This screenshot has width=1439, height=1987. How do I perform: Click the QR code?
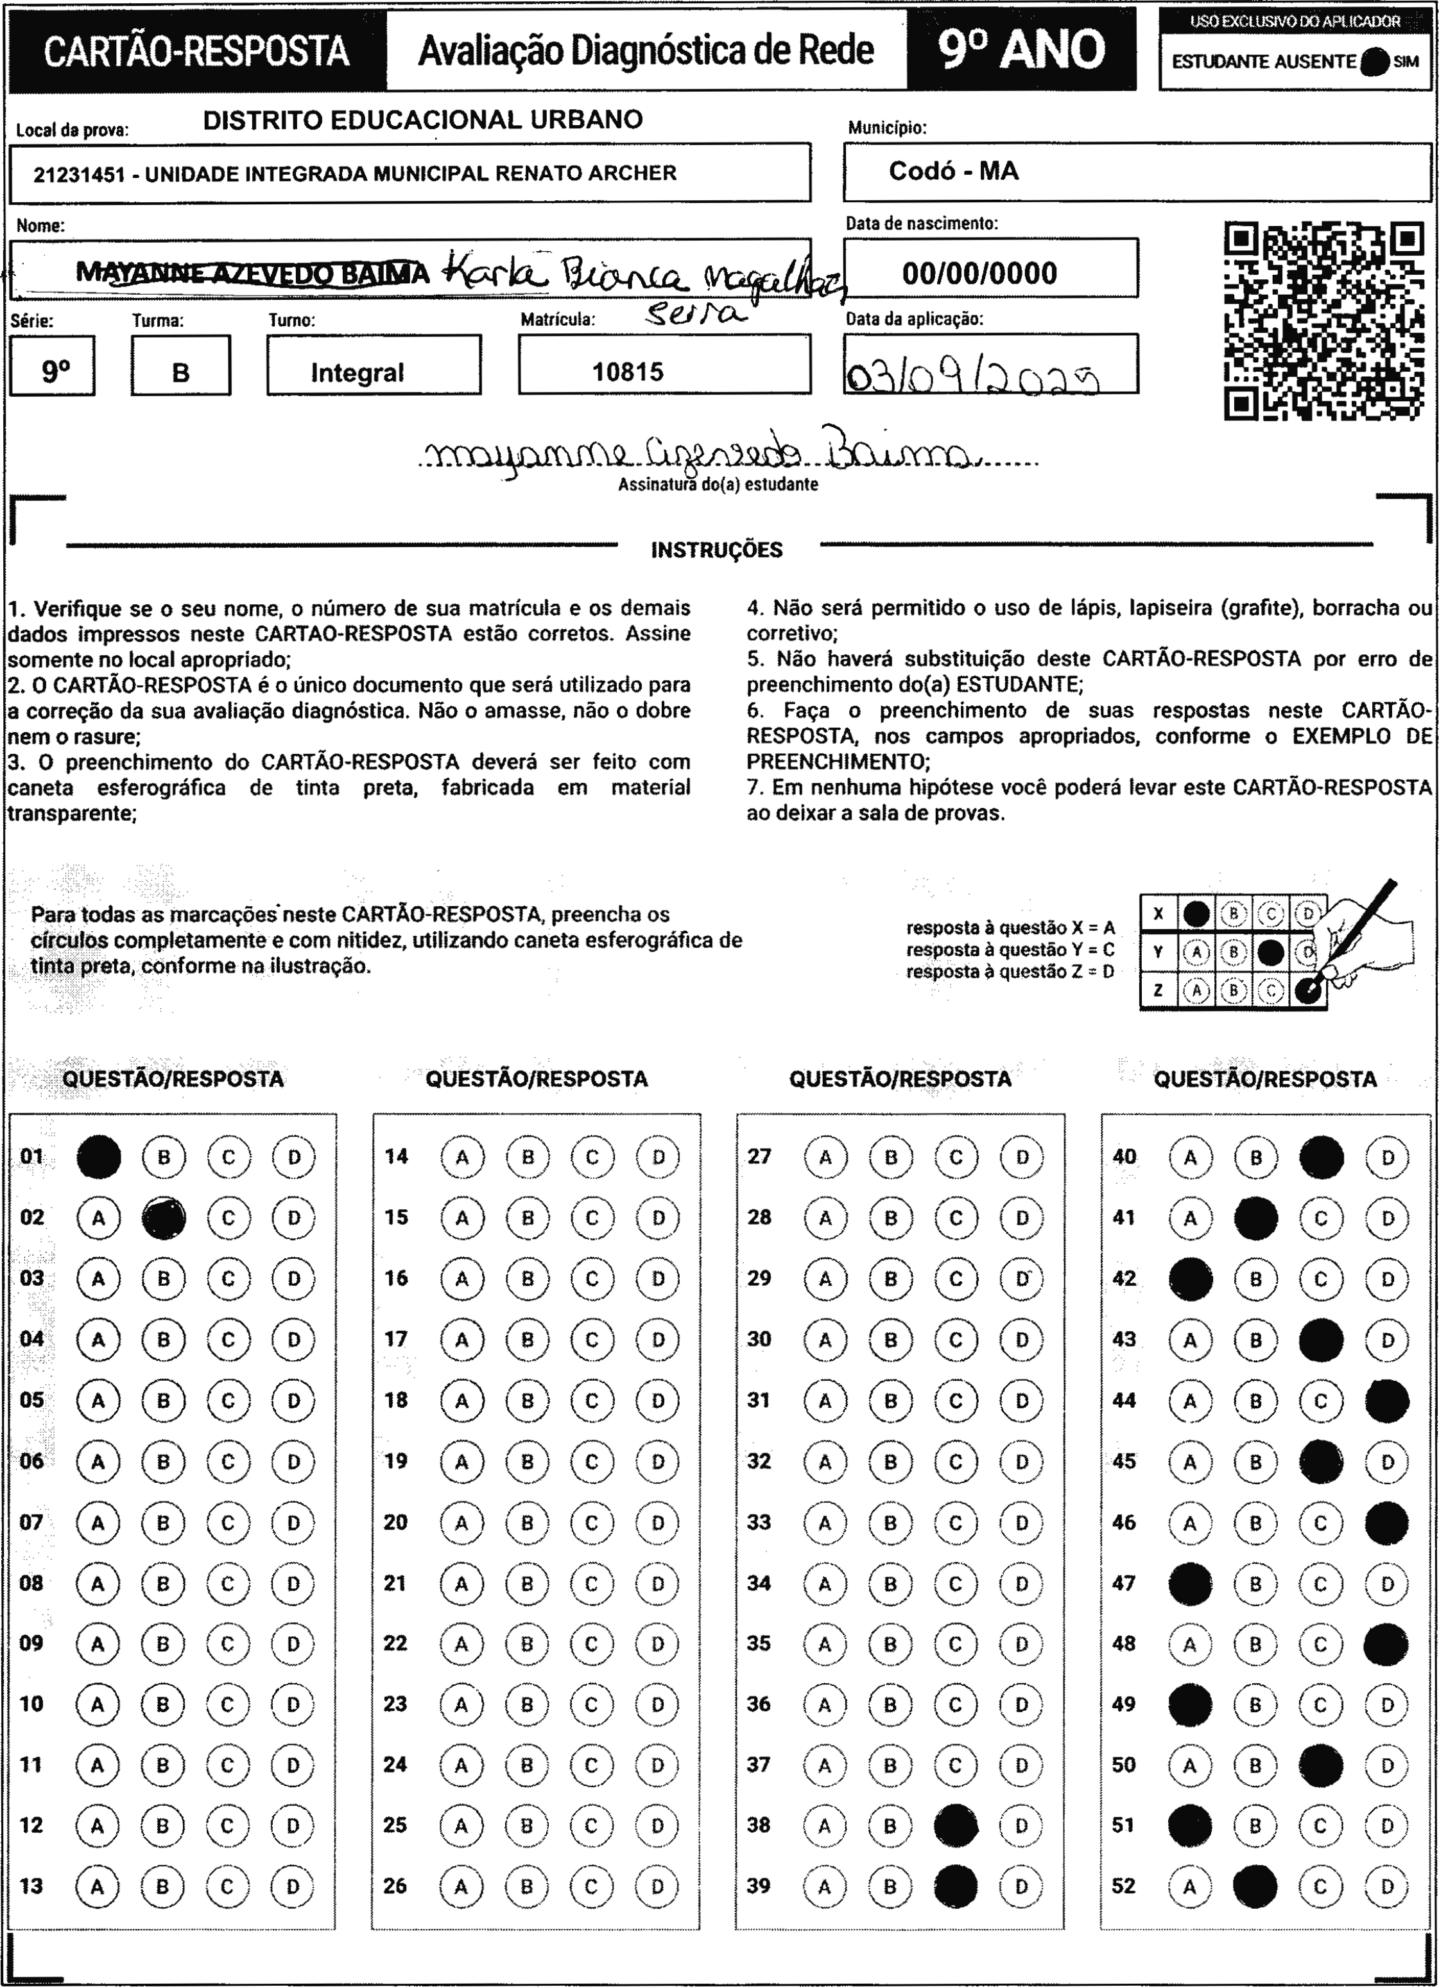point(1323,320)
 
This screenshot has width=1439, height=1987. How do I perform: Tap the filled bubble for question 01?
point(98,1157)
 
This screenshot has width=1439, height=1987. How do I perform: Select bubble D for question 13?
point(293,1886)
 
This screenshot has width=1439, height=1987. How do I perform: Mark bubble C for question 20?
point(592,1523)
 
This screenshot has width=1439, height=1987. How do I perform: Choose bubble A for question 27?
point(825,1157)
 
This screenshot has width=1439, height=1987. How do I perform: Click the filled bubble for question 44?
point(1387,1400)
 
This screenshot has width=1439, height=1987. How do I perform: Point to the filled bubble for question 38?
point(956,1825)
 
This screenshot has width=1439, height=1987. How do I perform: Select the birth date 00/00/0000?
point(979,274)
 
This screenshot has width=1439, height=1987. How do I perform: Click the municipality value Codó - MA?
point(954,171)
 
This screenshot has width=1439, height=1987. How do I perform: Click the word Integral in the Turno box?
point(358,373)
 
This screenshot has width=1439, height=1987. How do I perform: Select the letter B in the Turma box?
point(180,373)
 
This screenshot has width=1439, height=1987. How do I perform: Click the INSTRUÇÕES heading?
point(716,550)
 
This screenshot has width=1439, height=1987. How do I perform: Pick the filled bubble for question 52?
point(1254,1886)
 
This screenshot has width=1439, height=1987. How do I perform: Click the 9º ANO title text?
point(1021,50)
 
